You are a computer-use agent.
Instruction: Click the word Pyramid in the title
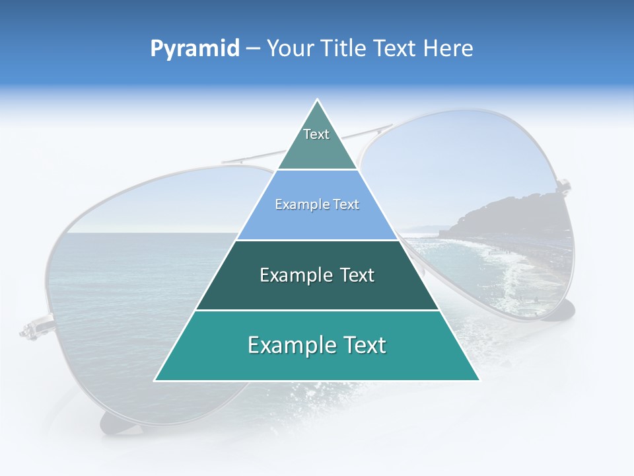[x=194, y=48]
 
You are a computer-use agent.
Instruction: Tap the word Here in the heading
[x=448, y=48]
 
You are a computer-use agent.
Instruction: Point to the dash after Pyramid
[x=253, y=49]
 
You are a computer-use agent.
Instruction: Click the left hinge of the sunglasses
[x=30, y=329]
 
